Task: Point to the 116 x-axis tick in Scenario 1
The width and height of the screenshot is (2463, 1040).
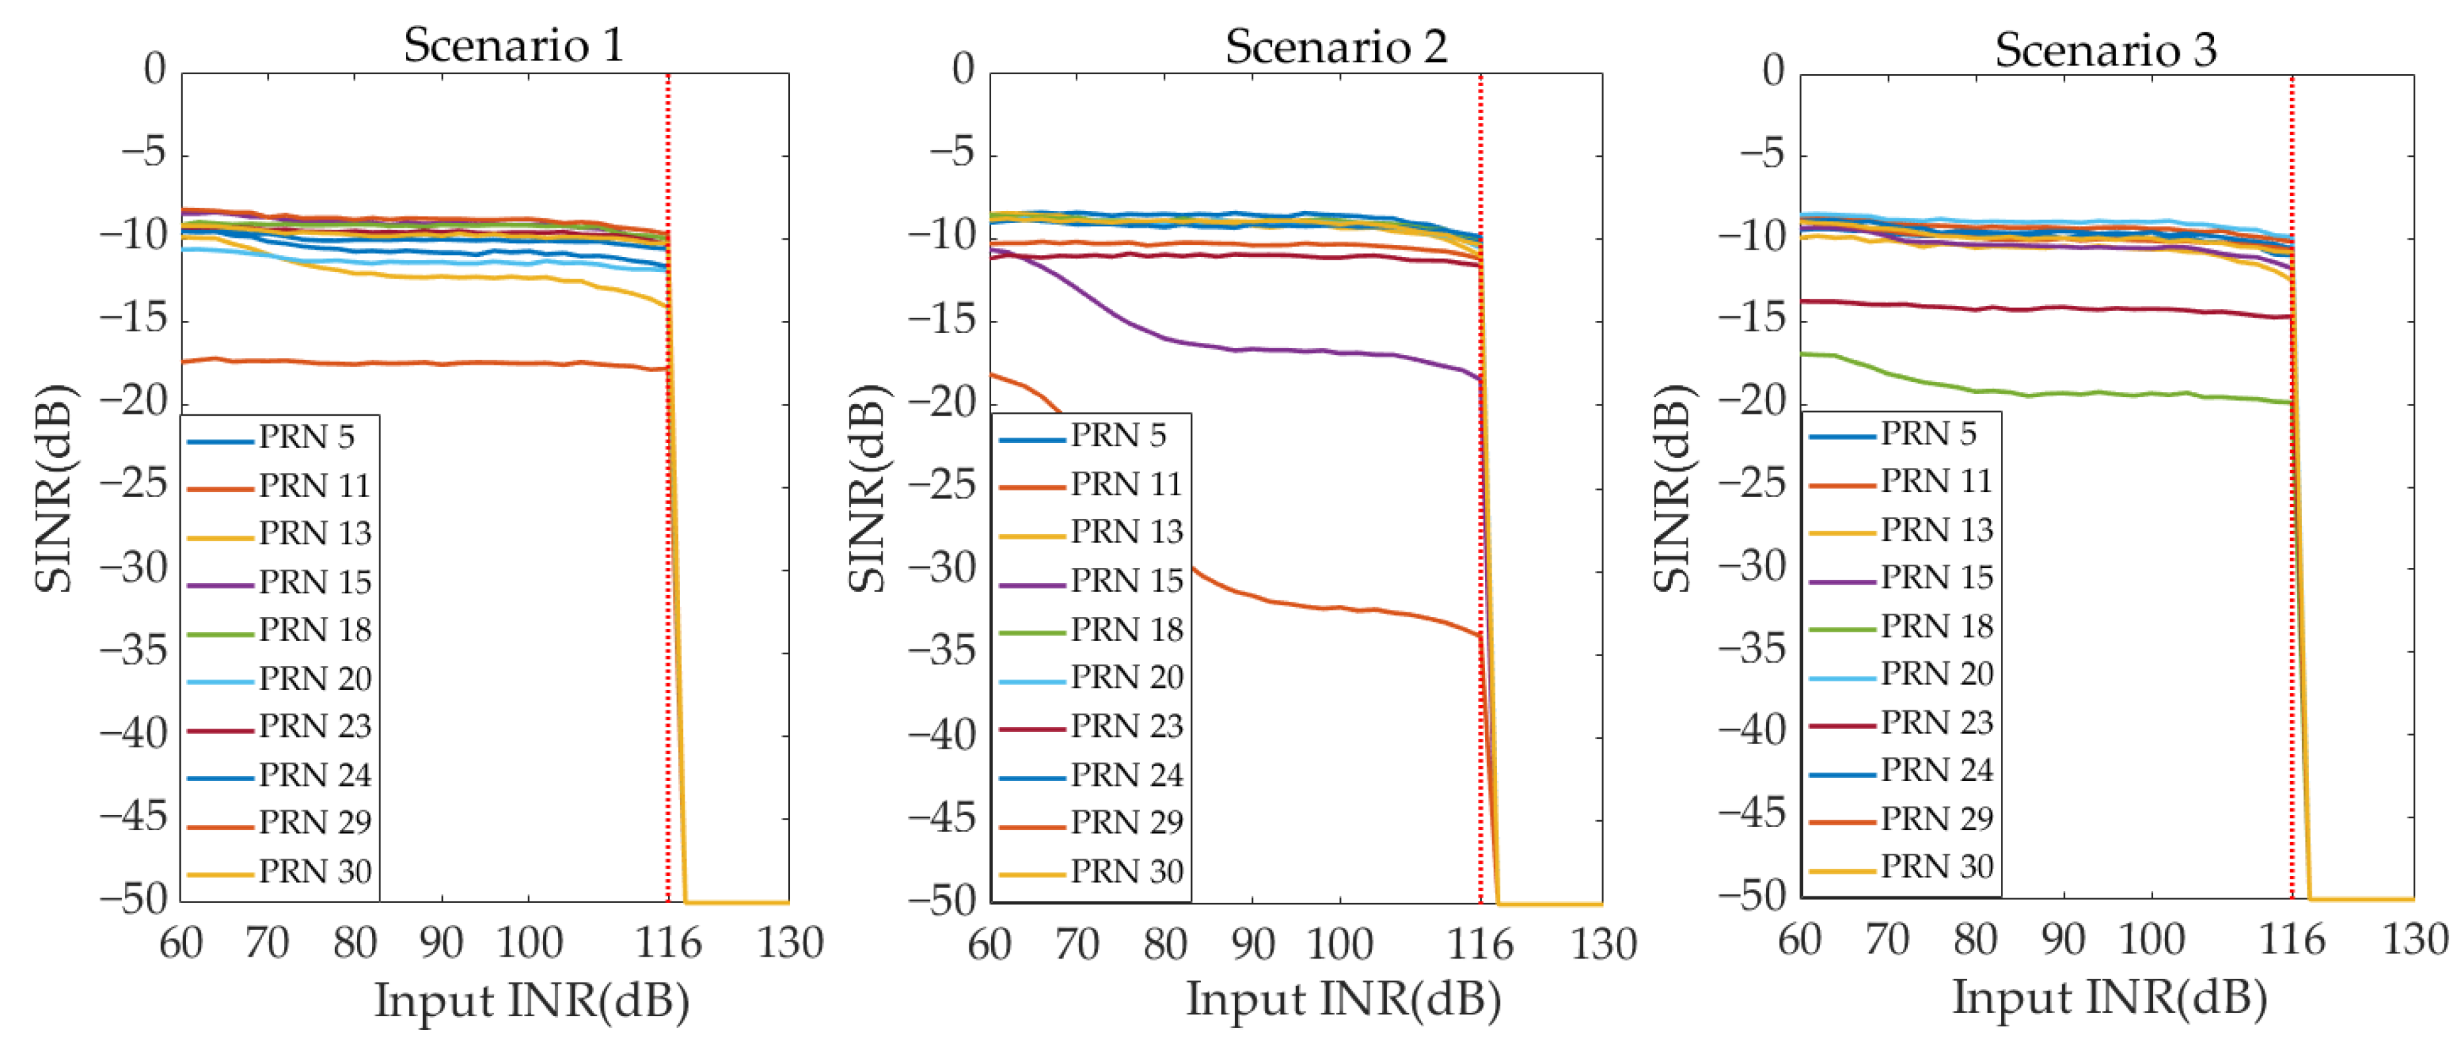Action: pyautogui.click(x=667, y=943)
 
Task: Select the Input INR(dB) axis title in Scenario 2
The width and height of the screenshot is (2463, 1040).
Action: pyautogui.click(x=1343, y=999)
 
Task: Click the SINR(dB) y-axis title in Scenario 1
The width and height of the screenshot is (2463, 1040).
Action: pyautogui.click(x=52, y=487)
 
